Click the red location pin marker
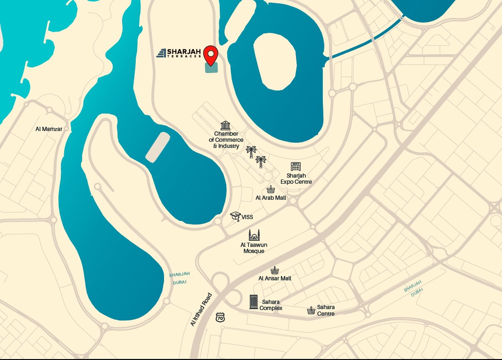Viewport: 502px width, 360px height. click(211, 55)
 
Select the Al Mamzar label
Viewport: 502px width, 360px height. click(49, 129)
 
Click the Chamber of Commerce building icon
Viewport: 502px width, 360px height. click(225, 126)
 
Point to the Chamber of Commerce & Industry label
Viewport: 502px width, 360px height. click(226, 140)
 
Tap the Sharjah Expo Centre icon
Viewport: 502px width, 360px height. click(296, 166)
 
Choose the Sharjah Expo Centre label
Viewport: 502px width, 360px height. click(296, 179)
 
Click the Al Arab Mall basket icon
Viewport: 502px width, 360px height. click(271, 189)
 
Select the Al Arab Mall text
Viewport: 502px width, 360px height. click(271, 198)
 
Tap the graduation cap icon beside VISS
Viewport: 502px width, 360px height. click(235, 216)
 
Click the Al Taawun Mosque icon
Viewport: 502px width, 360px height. click(254, 235)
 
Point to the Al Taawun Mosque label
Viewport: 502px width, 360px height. click(254, 248)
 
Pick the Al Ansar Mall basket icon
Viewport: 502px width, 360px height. click(275, 270)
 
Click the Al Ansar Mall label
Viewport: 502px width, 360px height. click(275, 278)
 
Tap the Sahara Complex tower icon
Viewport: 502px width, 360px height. click(254, 302)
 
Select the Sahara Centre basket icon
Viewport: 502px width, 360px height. click(311, 311)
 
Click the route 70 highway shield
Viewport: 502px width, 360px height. click(220, 317)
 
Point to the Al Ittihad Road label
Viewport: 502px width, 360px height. click(201, 310)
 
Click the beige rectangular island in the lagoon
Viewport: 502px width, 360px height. click(157, 147)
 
